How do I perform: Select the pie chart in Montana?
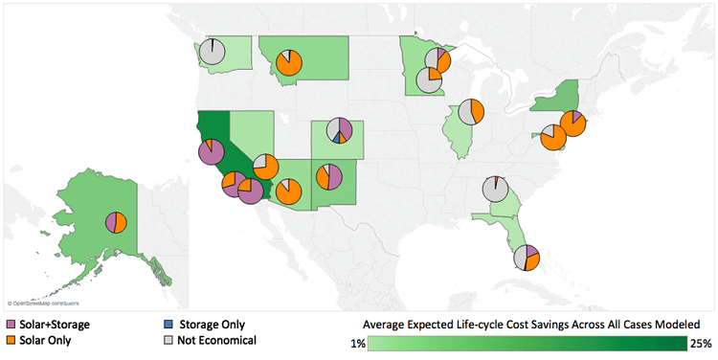point(289,63)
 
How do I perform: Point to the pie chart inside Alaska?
point(117,221)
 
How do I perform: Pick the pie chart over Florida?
point(526,258)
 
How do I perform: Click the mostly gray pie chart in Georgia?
point(495,189)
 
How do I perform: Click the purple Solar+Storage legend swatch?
point(11,325)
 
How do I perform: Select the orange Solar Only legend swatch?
point(11,340)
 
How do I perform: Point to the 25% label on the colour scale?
point(701,344)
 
